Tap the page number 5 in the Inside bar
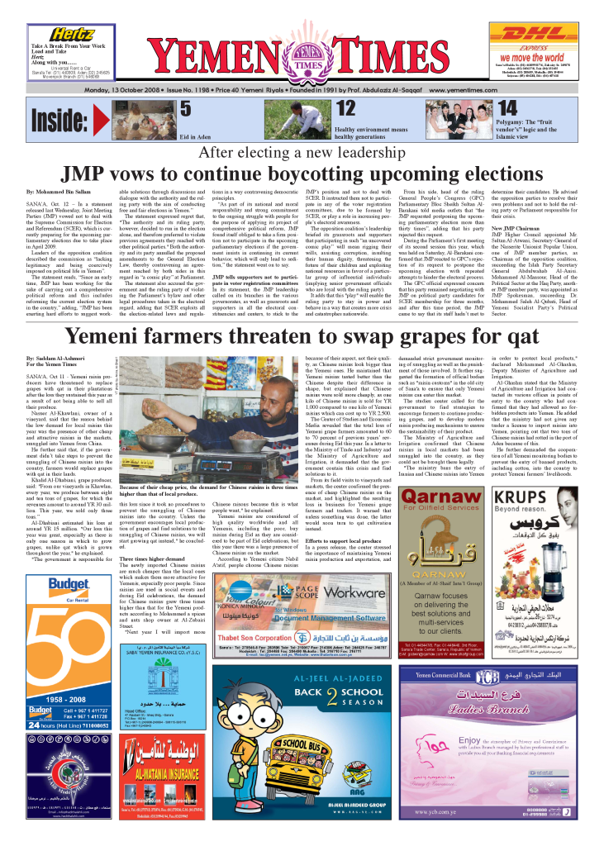tap(185, 108)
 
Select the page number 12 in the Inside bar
tap(346, 108)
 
